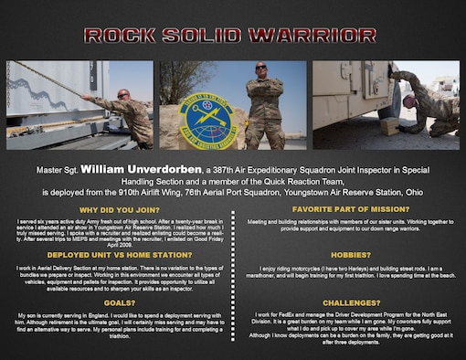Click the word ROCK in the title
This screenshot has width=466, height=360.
coord(124,36)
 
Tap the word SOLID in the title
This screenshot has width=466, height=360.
coord(211,36)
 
